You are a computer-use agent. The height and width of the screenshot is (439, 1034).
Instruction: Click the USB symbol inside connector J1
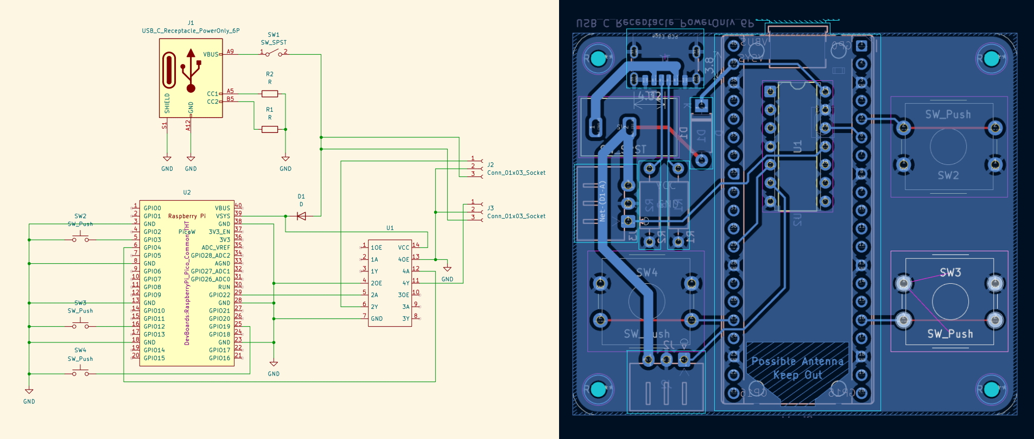tap(191, 71)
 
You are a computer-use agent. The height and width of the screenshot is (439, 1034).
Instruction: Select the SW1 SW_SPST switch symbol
tap(274, 53)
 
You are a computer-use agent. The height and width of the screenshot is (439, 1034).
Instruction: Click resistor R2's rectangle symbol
tap(270, 94)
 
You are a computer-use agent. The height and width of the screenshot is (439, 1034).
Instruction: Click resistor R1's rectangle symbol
tap(270, 129)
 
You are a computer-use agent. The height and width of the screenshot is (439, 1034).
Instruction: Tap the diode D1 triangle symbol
tap(301, 216)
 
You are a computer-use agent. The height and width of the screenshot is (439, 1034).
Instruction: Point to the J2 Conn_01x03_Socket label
tap(516, 173)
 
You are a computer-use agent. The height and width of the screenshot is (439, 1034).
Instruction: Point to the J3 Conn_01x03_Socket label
tap(516, 216)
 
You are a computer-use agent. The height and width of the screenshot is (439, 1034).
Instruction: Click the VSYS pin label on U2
tap(223, 216)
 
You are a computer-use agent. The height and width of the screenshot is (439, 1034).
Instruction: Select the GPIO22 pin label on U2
tap(219, 295)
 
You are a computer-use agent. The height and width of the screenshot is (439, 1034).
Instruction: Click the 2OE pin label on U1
tap(376, 283)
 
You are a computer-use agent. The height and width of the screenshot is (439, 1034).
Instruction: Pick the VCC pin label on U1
tap(403, 247)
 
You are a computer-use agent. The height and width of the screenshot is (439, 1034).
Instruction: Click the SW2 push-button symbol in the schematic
tap(80, 238)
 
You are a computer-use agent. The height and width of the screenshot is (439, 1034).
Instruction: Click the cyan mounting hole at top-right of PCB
tap(991, 59)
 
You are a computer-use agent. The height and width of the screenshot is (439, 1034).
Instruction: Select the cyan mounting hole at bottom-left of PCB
tap(597, 389)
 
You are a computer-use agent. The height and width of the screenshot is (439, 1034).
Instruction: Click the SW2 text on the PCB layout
tap(948, 175)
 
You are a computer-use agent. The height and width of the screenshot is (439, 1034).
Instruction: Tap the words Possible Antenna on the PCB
tap(797, 361)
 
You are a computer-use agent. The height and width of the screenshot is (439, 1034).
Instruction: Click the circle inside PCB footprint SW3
tap(950, 302)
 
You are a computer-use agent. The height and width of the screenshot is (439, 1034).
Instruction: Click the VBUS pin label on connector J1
tap(211, 54)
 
